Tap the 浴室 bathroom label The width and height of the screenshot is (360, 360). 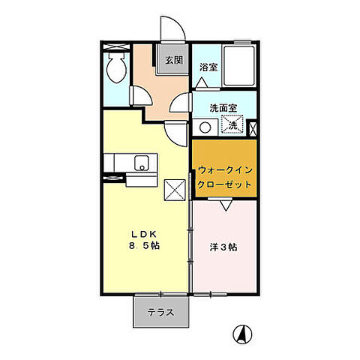(x=208, y=67)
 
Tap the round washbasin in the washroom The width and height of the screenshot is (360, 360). (x=205, y=127)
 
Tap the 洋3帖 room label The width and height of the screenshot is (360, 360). (x=222, y=245)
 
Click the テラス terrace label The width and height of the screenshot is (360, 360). (x=160, y=313)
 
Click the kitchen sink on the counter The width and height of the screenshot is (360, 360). (x=139, y=163)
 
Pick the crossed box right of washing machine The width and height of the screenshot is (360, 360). (x=253, y=127)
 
